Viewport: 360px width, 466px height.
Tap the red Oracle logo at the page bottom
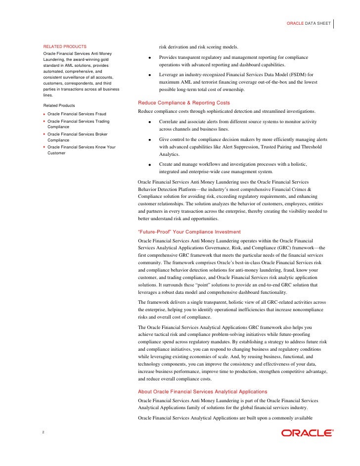[x=307, y=433]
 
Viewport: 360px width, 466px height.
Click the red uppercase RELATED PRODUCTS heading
[x=65, y=47]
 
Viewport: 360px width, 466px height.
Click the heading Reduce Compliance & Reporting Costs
[x=184, y=102]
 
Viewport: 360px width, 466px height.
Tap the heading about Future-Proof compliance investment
[x=189, y=232]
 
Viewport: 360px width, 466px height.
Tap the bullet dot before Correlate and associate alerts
[x=149, y=122]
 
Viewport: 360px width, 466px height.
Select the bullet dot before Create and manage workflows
[x=149, y=164]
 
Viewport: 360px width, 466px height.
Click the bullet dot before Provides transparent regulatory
[x=149, y=58]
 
